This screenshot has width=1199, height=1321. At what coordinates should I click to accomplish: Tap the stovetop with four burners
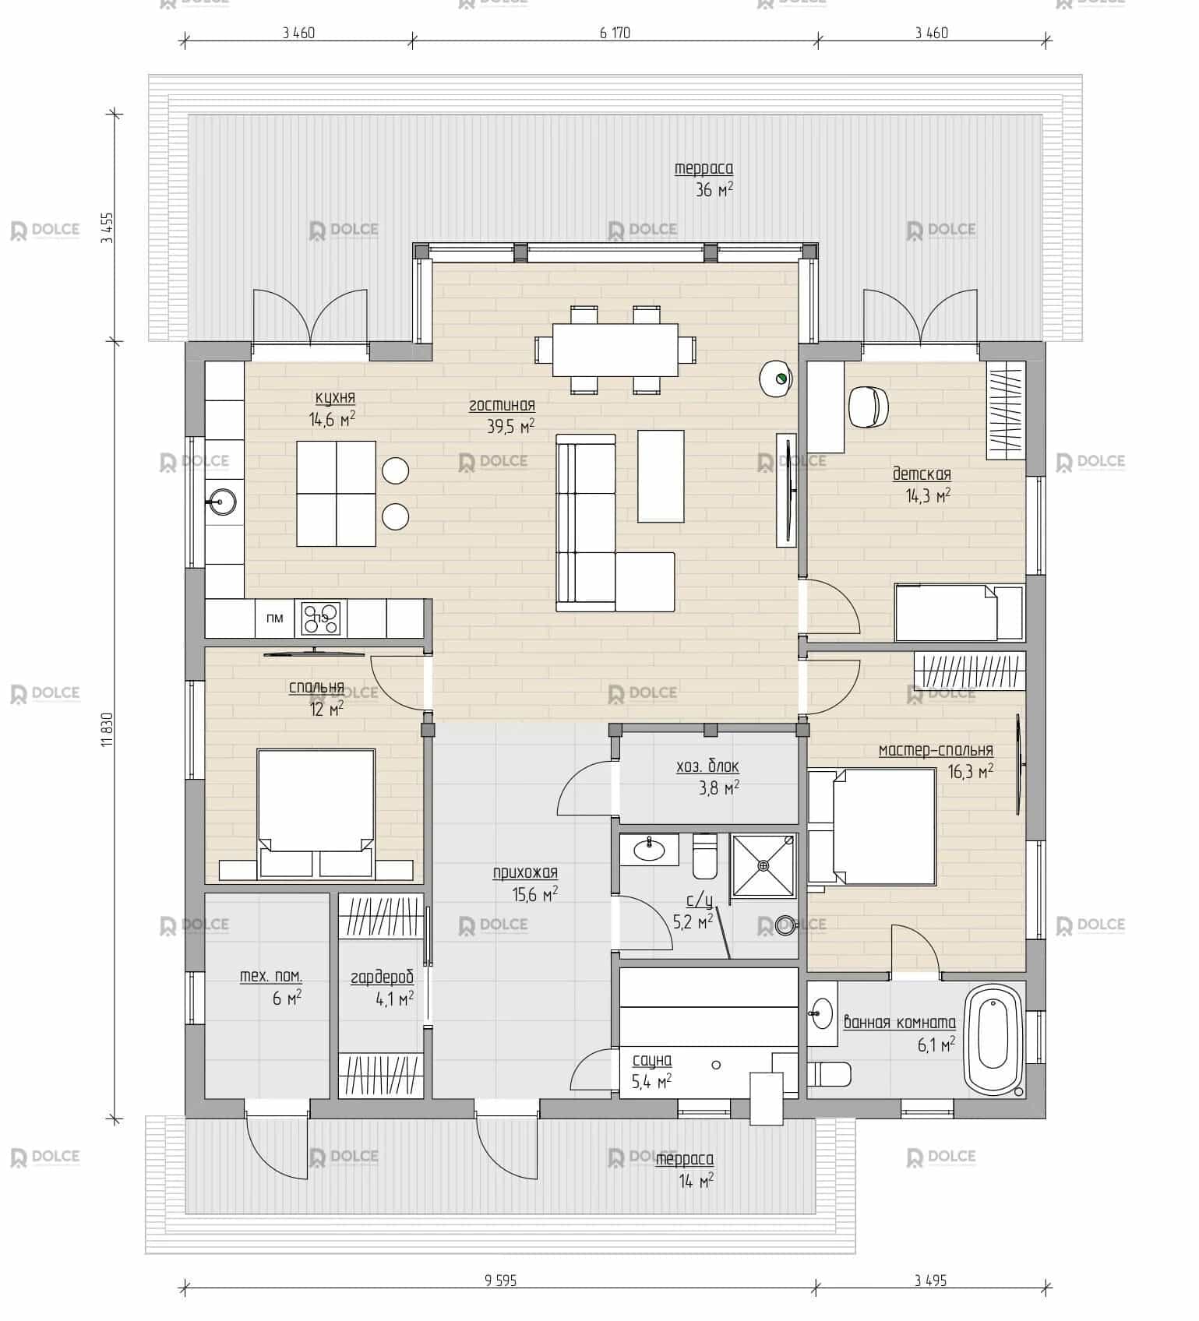(321, 619)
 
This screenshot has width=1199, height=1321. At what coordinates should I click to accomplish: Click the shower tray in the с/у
(763, 865)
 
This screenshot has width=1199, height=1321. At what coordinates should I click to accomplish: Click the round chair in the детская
(868, 406)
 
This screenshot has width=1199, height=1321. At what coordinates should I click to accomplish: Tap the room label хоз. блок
(707, 767)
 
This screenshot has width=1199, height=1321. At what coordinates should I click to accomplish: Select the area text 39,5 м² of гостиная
(511, 426)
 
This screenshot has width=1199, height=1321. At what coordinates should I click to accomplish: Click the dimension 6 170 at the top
(615, 33)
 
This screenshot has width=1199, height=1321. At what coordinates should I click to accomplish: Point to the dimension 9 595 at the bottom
(500, 1280)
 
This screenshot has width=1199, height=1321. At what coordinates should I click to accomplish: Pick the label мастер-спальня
(936, 750)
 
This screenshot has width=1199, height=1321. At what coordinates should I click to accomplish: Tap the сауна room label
(652, 1060)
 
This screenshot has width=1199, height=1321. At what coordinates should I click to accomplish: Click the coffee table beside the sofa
(661, 476)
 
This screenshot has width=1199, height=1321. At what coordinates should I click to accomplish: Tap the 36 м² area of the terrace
(714, 189)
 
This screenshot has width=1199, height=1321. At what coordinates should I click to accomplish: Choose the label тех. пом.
(271, 976)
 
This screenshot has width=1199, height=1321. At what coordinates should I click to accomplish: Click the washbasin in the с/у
(649, 849)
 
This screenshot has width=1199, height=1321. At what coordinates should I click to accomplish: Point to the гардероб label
(382, 978)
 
